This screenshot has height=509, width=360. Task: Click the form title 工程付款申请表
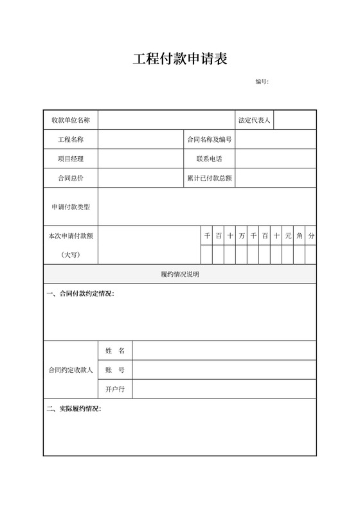180,60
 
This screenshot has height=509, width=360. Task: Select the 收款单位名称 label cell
71,120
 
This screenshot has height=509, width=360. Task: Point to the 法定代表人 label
254,120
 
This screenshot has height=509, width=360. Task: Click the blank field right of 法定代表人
295,120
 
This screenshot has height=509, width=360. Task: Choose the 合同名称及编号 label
209,139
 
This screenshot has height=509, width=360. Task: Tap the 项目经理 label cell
71,159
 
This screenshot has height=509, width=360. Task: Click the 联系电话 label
209,159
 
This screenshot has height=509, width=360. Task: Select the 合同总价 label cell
71,178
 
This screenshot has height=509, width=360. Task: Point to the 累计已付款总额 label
209,178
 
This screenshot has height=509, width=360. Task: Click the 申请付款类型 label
71,207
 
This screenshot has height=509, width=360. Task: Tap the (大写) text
71,255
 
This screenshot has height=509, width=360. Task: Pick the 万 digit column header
242,236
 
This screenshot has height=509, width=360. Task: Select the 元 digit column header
288,236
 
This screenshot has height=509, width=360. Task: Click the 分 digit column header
311,236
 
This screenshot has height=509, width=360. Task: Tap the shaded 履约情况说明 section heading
180,274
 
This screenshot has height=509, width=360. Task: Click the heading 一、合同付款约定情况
81,294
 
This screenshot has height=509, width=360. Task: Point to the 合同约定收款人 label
71,370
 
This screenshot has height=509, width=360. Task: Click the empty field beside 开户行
224,389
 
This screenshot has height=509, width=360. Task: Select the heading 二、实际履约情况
75,409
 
